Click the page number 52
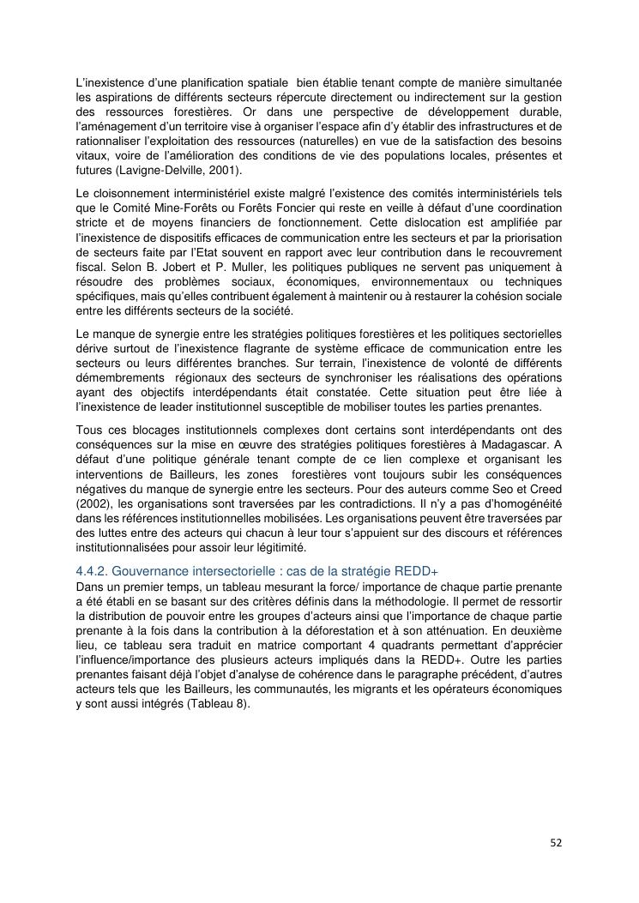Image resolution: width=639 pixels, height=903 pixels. (x=556, y=842)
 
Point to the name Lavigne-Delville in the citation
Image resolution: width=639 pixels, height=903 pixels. (x=156, y=171)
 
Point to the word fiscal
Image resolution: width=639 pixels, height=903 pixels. (x=89, y=267)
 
